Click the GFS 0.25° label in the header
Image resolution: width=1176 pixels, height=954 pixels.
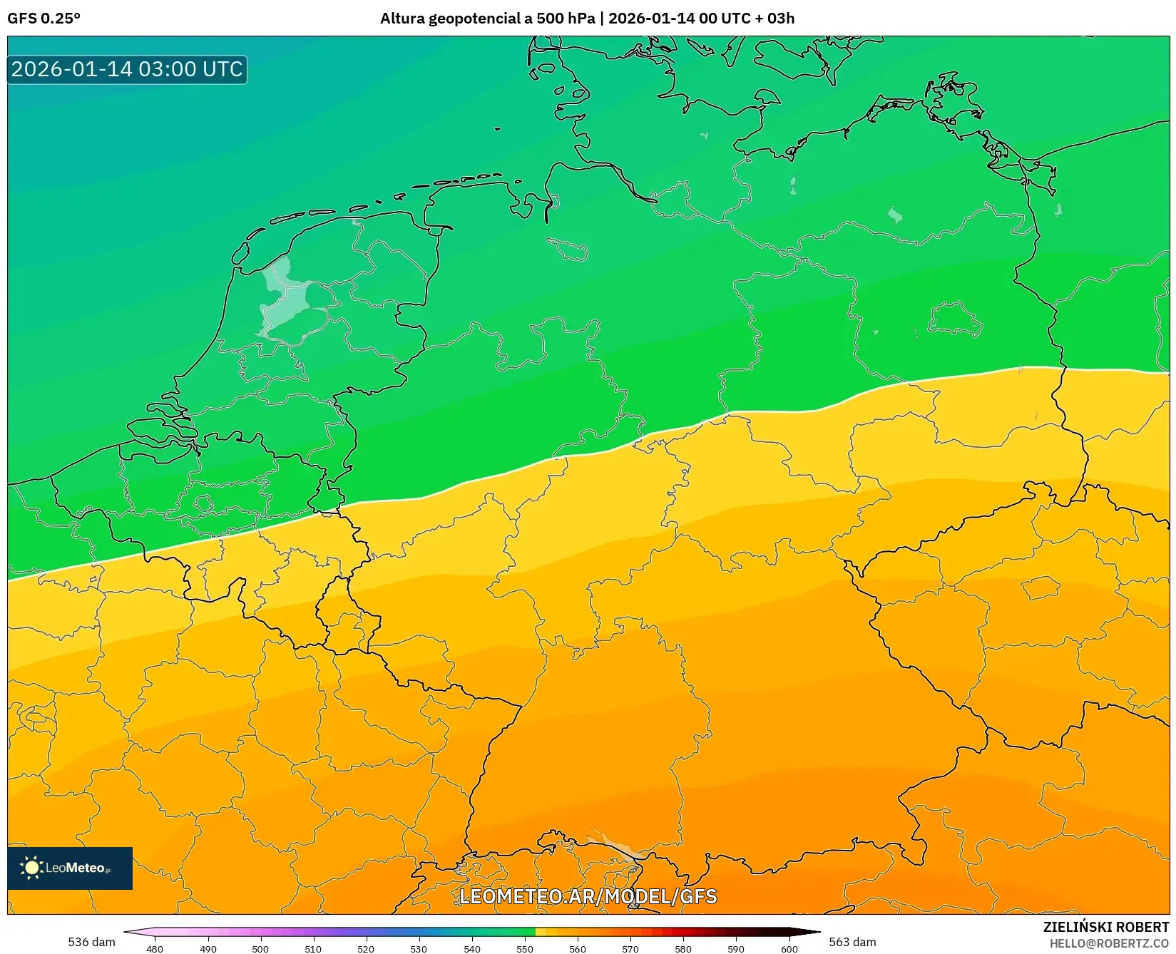(x=44, y=19)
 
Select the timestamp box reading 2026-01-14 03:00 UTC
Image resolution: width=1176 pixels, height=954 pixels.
(x=127, y=69)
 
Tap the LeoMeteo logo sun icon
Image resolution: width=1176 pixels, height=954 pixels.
(x=31, y=868)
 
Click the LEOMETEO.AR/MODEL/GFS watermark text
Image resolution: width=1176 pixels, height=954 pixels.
(x=588, y=896)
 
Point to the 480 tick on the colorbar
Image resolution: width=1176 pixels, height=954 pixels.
(x=155, y=948)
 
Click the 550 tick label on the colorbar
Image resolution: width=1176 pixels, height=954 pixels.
(x=525, y=948)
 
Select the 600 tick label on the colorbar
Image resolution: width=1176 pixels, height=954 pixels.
(x=789, y=948)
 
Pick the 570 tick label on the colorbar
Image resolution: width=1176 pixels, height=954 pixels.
(x=630, y=948)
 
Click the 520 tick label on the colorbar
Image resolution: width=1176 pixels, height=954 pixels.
(x=366, y=948)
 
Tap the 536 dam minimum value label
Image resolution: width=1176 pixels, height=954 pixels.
(x=91, y=942)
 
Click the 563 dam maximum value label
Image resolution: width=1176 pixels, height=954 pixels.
(x=852, y=942)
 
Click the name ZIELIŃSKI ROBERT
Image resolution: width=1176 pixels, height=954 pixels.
(x=1106, y=927)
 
